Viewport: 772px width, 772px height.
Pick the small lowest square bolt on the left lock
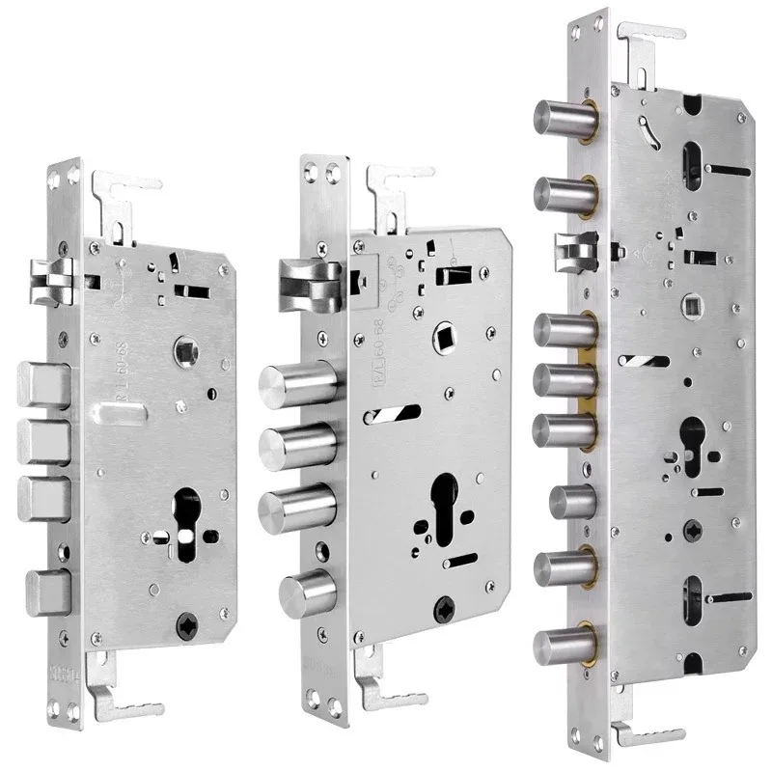pyautogui.click(x=47, y=589)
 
